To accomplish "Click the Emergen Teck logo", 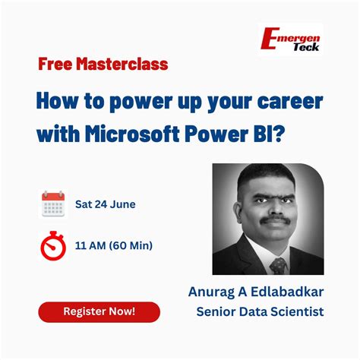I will point(290,39).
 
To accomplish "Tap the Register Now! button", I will point(99,311).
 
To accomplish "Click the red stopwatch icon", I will point(52,245).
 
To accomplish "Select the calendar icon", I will point(52,204).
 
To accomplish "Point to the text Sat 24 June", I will point(105,205).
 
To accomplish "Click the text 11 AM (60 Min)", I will point(113,245).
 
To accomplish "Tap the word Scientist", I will point(297,311).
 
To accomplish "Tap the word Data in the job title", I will point(254,311).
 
